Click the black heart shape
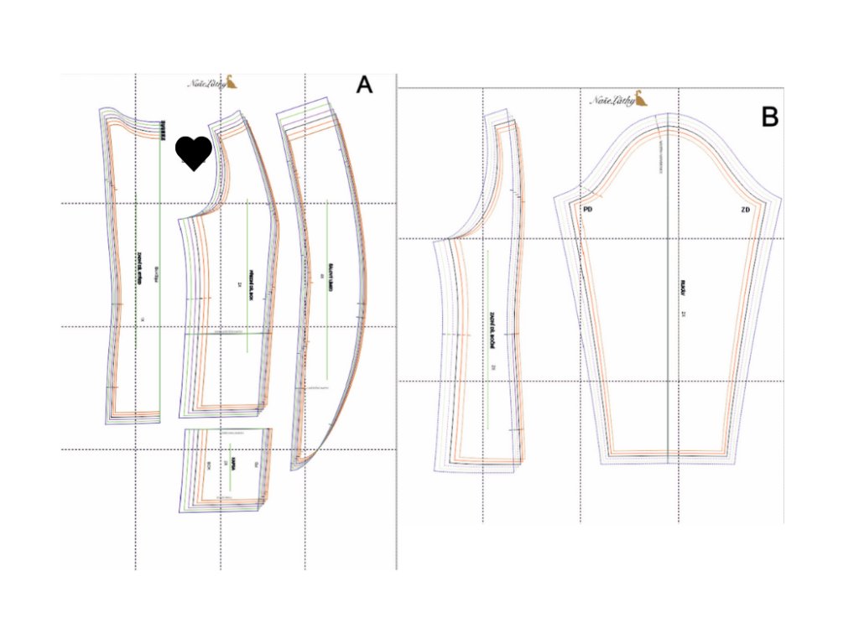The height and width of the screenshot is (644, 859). click(x=194, y=153)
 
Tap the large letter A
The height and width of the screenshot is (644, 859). click(x=363, y=85)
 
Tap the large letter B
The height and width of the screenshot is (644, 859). click(x=769, y=117)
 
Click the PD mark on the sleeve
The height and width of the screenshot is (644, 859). click(x=587, y=209)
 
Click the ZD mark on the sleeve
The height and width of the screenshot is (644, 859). click(x=745, y=209)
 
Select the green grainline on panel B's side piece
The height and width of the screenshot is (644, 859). click(x=489, y=335)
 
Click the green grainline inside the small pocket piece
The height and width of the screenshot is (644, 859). click(x=228, y=461)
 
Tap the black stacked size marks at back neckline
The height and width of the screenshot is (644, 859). click(x=162, y=129)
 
